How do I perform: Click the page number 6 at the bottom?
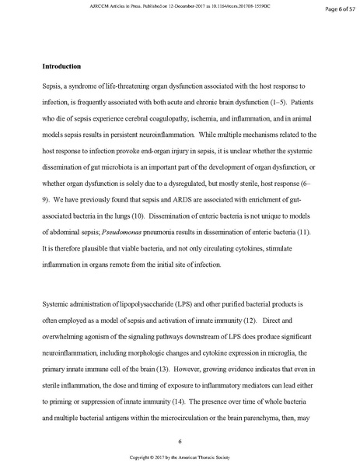(x=180, y=441)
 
